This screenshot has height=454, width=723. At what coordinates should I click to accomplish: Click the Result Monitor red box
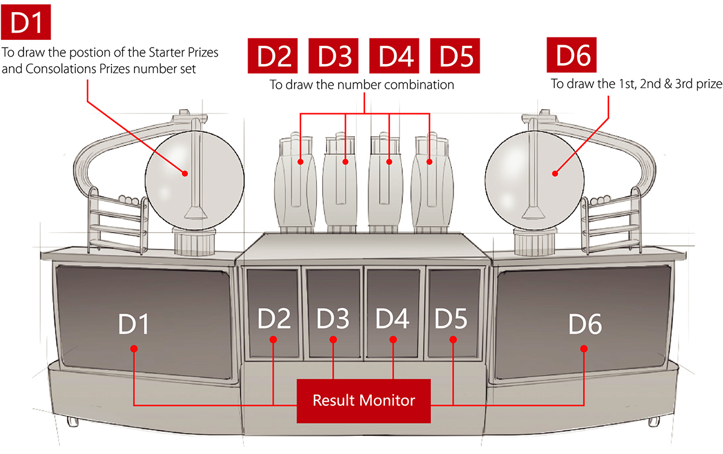363,400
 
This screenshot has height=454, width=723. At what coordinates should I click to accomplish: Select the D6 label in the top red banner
574,56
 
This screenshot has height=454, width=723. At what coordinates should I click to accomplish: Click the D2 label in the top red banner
274,57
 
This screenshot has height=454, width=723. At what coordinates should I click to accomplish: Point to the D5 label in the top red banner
456,57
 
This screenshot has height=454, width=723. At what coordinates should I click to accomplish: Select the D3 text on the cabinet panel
333,319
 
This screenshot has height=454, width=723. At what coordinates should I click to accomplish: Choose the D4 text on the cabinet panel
392,319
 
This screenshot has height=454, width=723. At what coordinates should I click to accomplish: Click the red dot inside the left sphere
186,174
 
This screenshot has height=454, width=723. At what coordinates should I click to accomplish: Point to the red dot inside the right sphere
555,174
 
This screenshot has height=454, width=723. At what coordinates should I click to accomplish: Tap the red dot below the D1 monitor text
134,348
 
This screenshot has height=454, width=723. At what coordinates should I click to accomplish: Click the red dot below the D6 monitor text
584,348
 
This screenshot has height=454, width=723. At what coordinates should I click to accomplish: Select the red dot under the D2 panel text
274,340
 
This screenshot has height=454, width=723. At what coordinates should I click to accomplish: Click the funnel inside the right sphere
531,212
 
